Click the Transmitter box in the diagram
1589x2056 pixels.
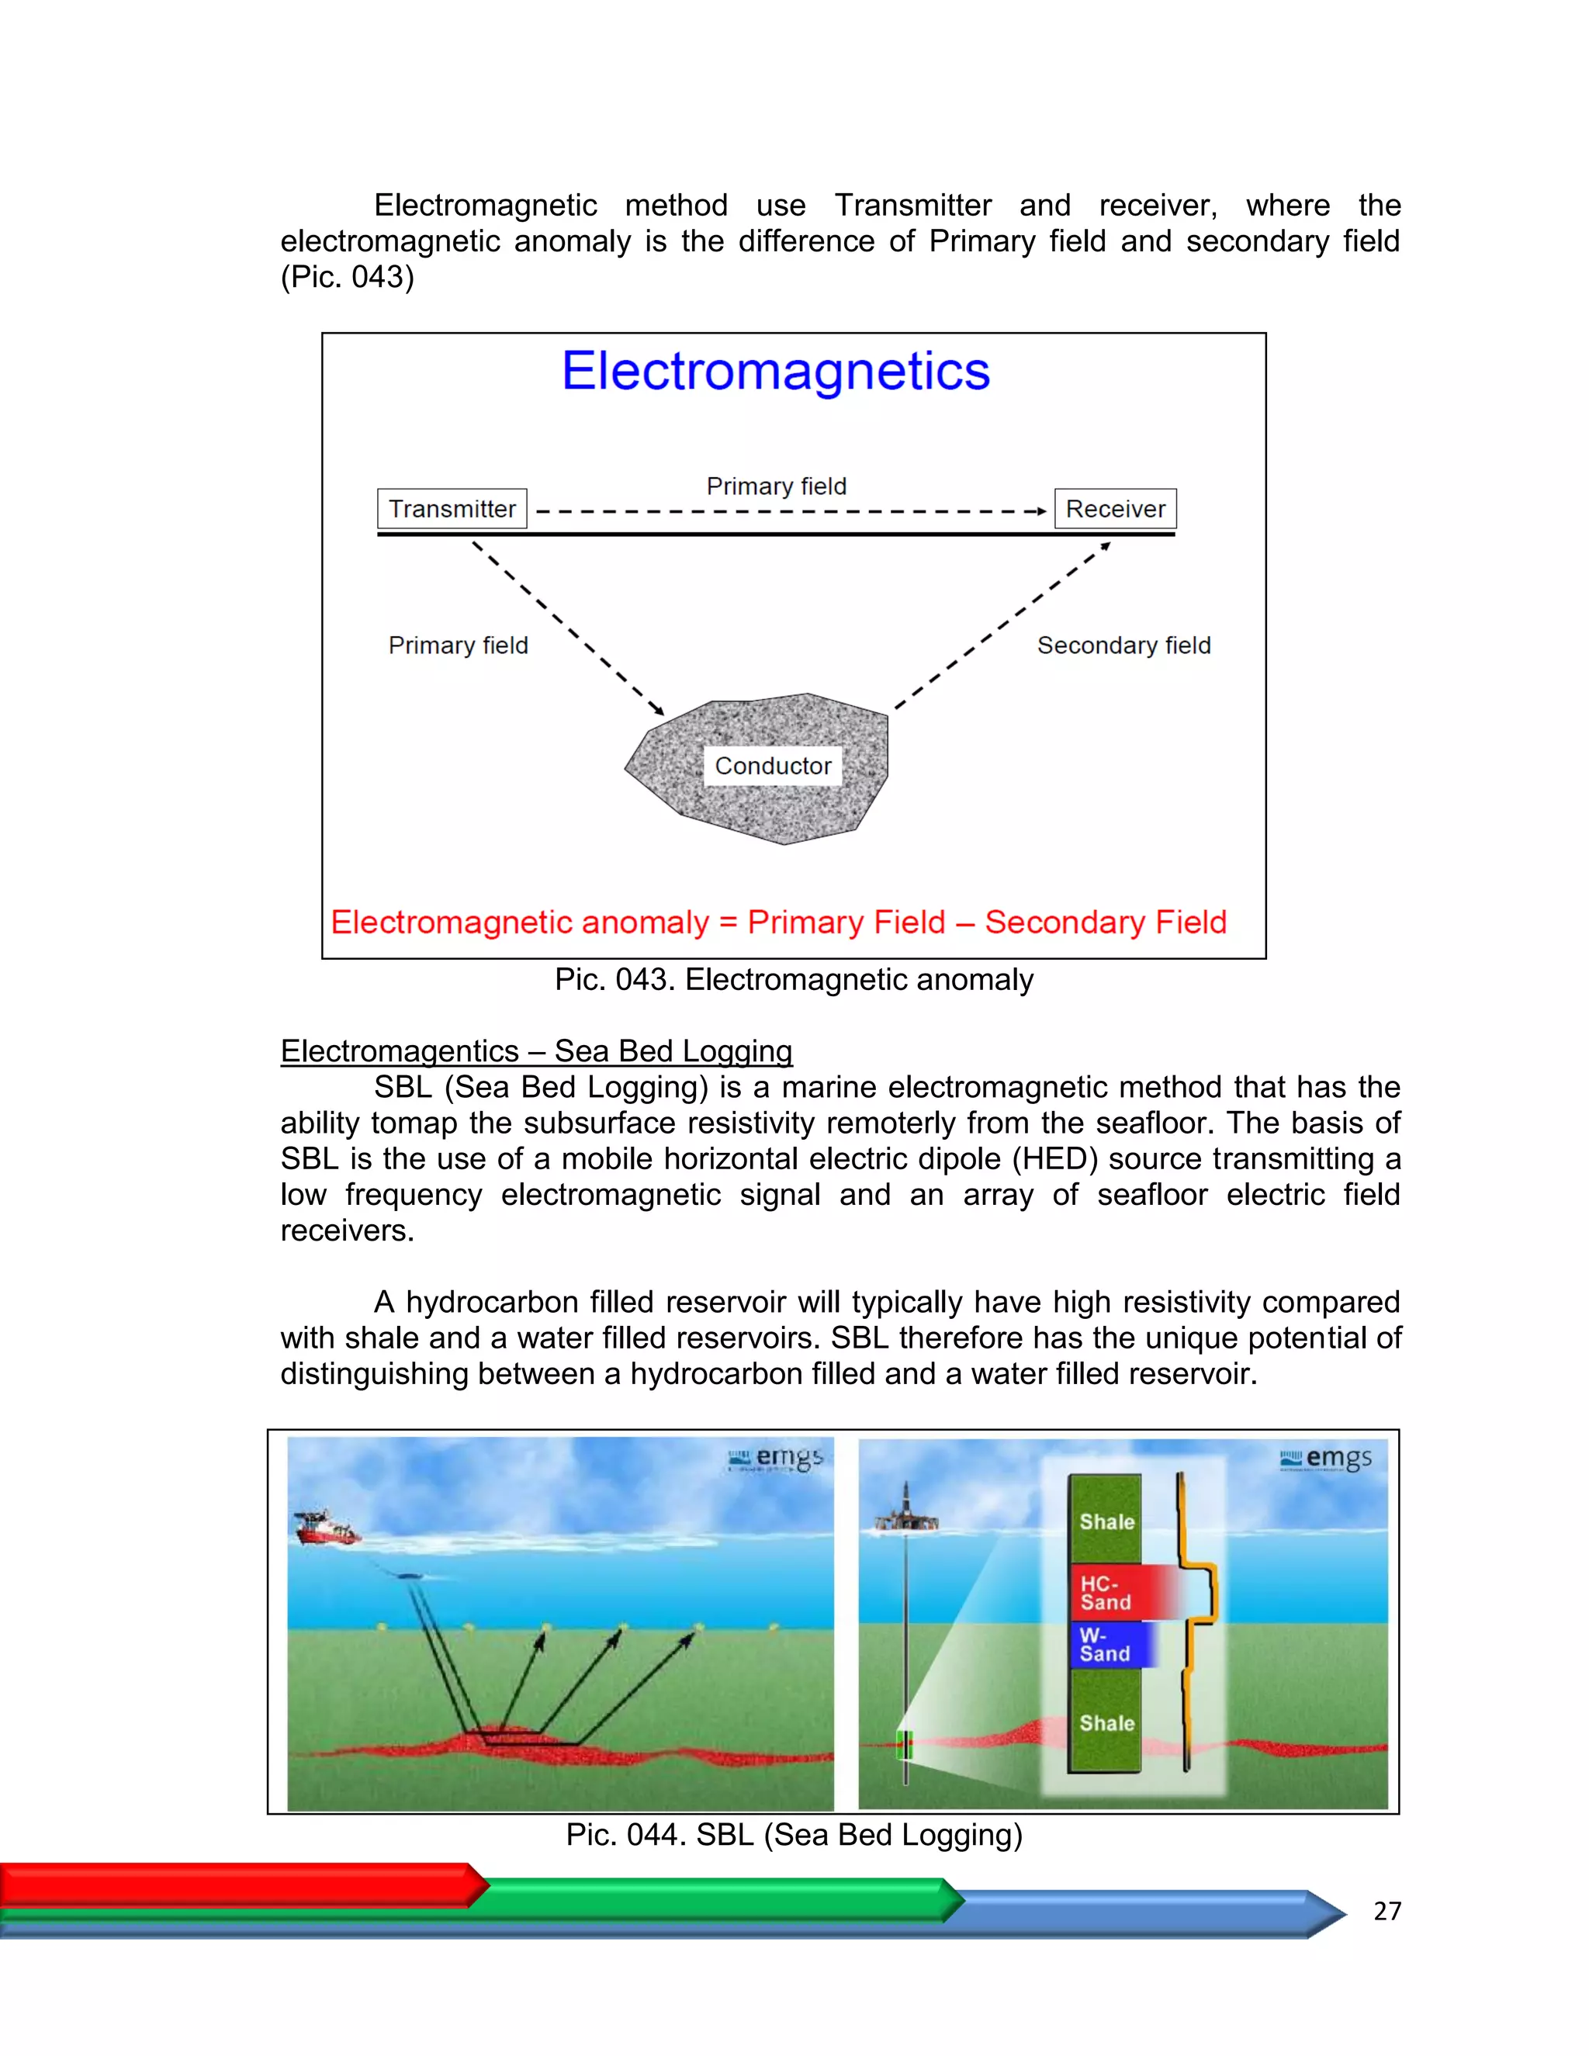452,508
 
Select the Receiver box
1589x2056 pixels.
1115,508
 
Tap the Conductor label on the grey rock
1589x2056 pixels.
773,765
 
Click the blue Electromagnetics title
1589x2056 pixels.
776,371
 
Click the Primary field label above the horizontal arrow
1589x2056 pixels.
777,486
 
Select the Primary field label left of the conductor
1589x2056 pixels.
459,645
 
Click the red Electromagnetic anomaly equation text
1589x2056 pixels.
778,922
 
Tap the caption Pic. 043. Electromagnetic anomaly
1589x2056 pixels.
794,979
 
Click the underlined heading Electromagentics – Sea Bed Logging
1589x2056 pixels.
537,1050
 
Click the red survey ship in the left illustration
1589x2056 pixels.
325,1527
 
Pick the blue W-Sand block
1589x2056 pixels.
1111,1645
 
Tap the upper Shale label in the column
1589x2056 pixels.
1107,1521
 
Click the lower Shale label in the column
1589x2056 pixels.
1107,1722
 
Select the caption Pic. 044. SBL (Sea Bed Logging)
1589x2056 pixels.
794,1834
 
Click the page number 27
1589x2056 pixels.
1386,1910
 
